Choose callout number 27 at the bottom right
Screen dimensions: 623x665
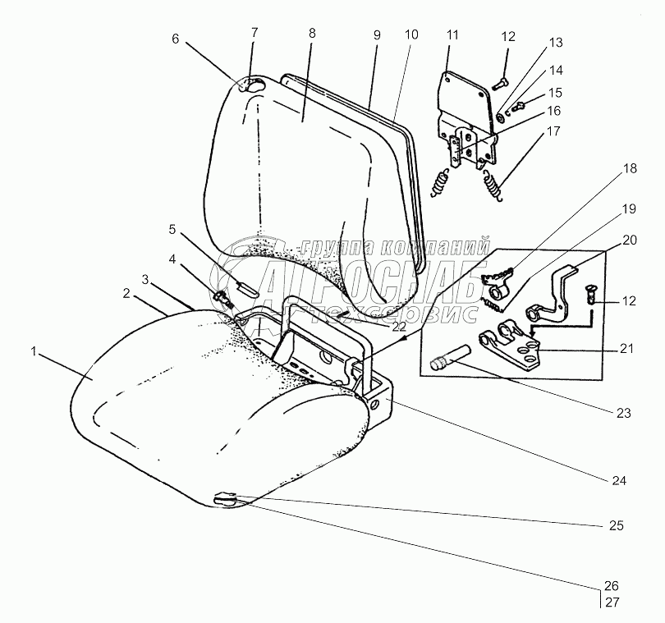coord(610,602)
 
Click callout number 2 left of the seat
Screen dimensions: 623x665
coord(127,293)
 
